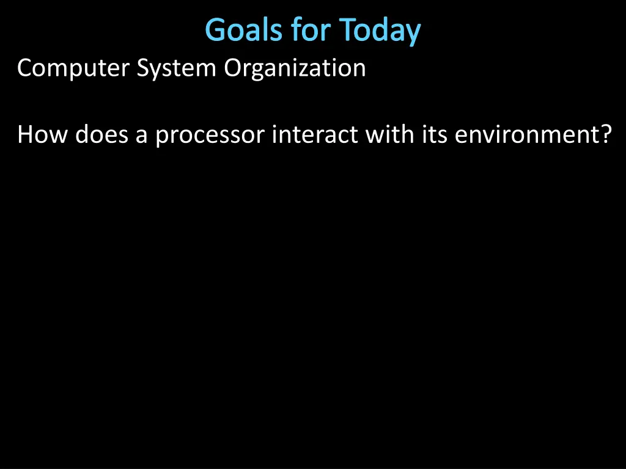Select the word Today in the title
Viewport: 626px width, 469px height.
[x=380, y=31]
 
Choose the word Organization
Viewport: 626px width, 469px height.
[x=295, y=68]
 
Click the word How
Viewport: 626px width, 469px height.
[x=42, y=134]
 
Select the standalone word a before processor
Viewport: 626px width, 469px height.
[x=142, y=136]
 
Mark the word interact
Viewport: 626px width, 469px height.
[x=315, y=134]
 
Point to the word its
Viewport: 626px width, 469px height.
[x=430, y=134]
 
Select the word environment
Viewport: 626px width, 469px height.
[x=523, y=134]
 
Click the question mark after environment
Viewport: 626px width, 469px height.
[x=604, y=134]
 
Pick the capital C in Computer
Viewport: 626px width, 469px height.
[x=24, y=68]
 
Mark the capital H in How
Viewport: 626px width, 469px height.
[x=25, y=134]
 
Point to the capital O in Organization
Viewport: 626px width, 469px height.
[x=233, y=68]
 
